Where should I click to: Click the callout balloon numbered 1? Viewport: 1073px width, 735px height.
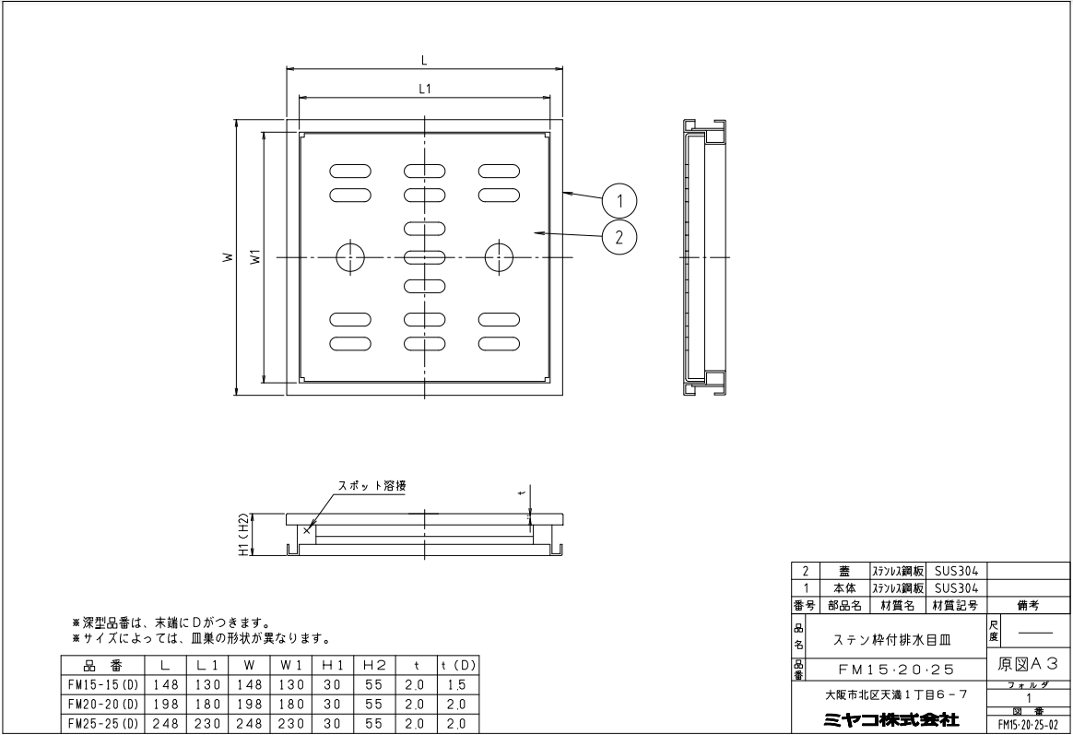point(619,201)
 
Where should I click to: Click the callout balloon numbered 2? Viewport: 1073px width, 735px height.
point(619,238)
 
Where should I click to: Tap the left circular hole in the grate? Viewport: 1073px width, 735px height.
point(350,257)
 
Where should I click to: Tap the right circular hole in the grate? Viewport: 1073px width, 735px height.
point(499,257)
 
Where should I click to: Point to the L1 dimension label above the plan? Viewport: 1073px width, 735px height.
point(424,89)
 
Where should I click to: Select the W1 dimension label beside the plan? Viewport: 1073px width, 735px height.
point(255,257)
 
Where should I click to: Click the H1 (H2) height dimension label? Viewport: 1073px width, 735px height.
point(243,535)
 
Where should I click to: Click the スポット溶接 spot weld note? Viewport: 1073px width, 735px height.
point(372,485)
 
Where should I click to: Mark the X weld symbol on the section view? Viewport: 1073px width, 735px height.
point(307,528)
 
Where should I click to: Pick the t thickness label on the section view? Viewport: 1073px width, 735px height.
point(522,492)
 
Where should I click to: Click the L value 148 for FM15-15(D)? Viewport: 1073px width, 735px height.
point(165,685)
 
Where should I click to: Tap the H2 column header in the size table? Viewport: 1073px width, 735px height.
point(373,665)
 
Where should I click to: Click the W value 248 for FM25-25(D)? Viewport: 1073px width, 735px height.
point(248,724)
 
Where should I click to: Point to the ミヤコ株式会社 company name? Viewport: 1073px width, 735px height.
point(891,719)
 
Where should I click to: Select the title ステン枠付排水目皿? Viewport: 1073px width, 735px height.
point(891,641)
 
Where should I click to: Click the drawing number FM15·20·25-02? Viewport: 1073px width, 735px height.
point(1028,724)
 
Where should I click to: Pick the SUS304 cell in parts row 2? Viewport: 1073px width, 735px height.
point(956,571)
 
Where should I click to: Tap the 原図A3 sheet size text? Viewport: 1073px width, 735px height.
point(1028,663)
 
